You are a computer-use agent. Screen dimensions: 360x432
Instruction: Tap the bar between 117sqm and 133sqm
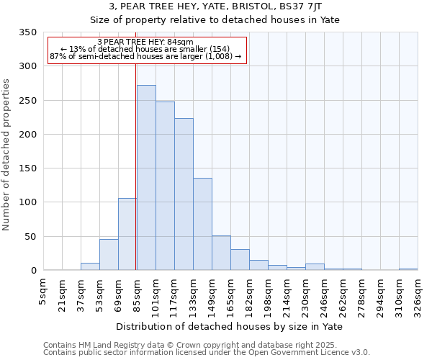click(x=184, y=194)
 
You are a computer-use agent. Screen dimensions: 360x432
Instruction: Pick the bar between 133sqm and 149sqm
click(x=202, y=224)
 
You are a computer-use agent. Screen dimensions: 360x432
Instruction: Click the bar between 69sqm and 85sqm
click(x=127, y=234)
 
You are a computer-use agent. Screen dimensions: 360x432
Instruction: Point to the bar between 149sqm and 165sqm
click(x=221, y=253)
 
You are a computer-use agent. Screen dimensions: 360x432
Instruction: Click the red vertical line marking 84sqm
click(x=136, y=166)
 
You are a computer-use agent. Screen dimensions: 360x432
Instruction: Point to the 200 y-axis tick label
click(x=27, y=135)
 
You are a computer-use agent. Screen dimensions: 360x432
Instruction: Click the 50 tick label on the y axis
click(x=30, y=236)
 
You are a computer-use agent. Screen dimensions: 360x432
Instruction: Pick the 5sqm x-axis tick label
click(x=43, y=294)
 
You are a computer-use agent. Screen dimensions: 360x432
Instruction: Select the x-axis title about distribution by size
click(x=229, y=327)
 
